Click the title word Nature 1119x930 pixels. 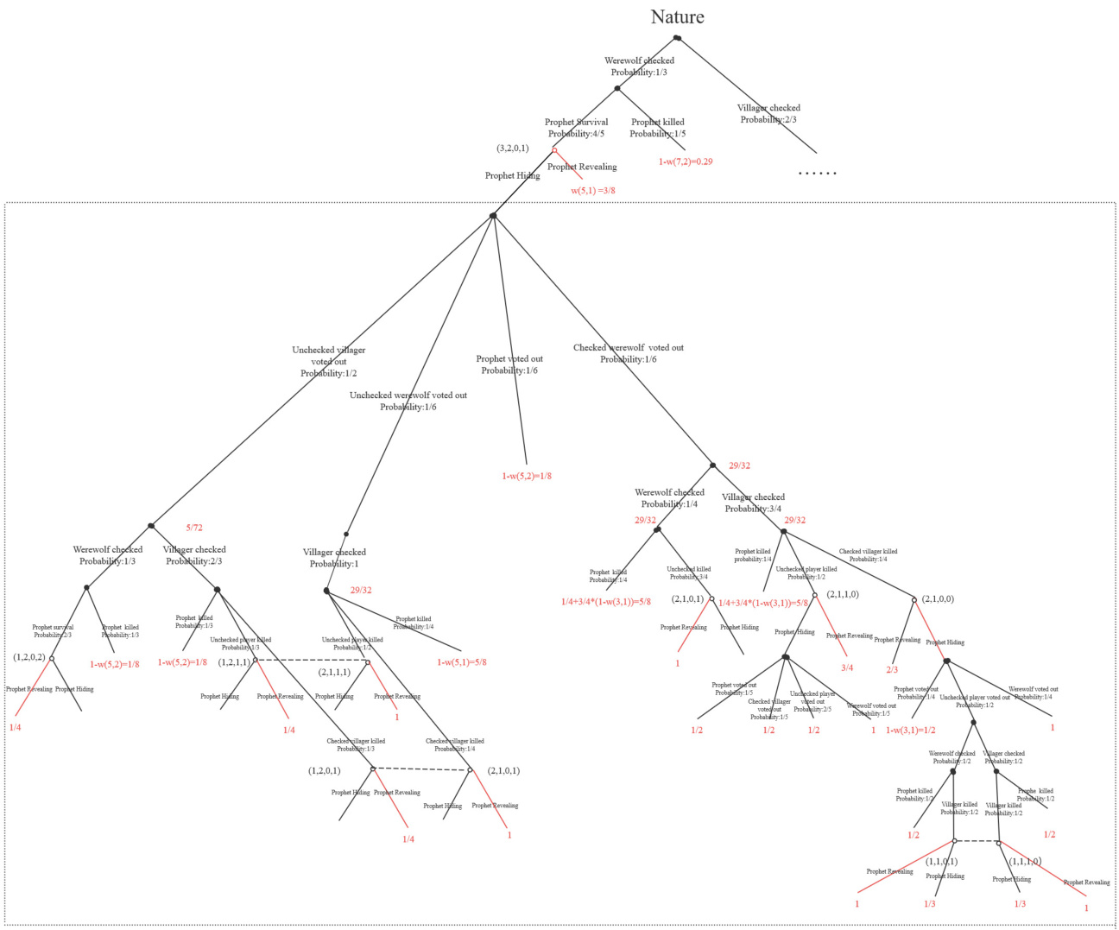[x=677, y=17]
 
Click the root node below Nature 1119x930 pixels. [x=677, y=38]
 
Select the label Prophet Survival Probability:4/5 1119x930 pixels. [x=576, y=128]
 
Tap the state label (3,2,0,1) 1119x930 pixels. [x=512, y=149]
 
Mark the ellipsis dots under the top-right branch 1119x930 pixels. [x=817, y=174]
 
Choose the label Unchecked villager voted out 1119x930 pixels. [x=328, y=362]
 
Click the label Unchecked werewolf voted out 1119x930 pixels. [x=408, y=401]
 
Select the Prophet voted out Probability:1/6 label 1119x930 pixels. [x=509, y=364]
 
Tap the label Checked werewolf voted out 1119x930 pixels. [x=628, y=353]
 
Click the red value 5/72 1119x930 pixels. [x=194, y=528]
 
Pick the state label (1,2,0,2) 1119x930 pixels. [x=29, y=657]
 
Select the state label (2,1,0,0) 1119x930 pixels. [x=938, y=598]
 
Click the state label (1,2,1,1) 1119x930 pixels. [x=234, y=662]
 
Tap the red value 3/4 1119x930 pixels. [x=847, y=667]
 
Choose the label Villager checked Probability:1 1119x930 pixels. [x=334, y=558]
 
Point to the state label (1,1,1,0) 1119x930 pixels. [x=1025, y=861]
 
